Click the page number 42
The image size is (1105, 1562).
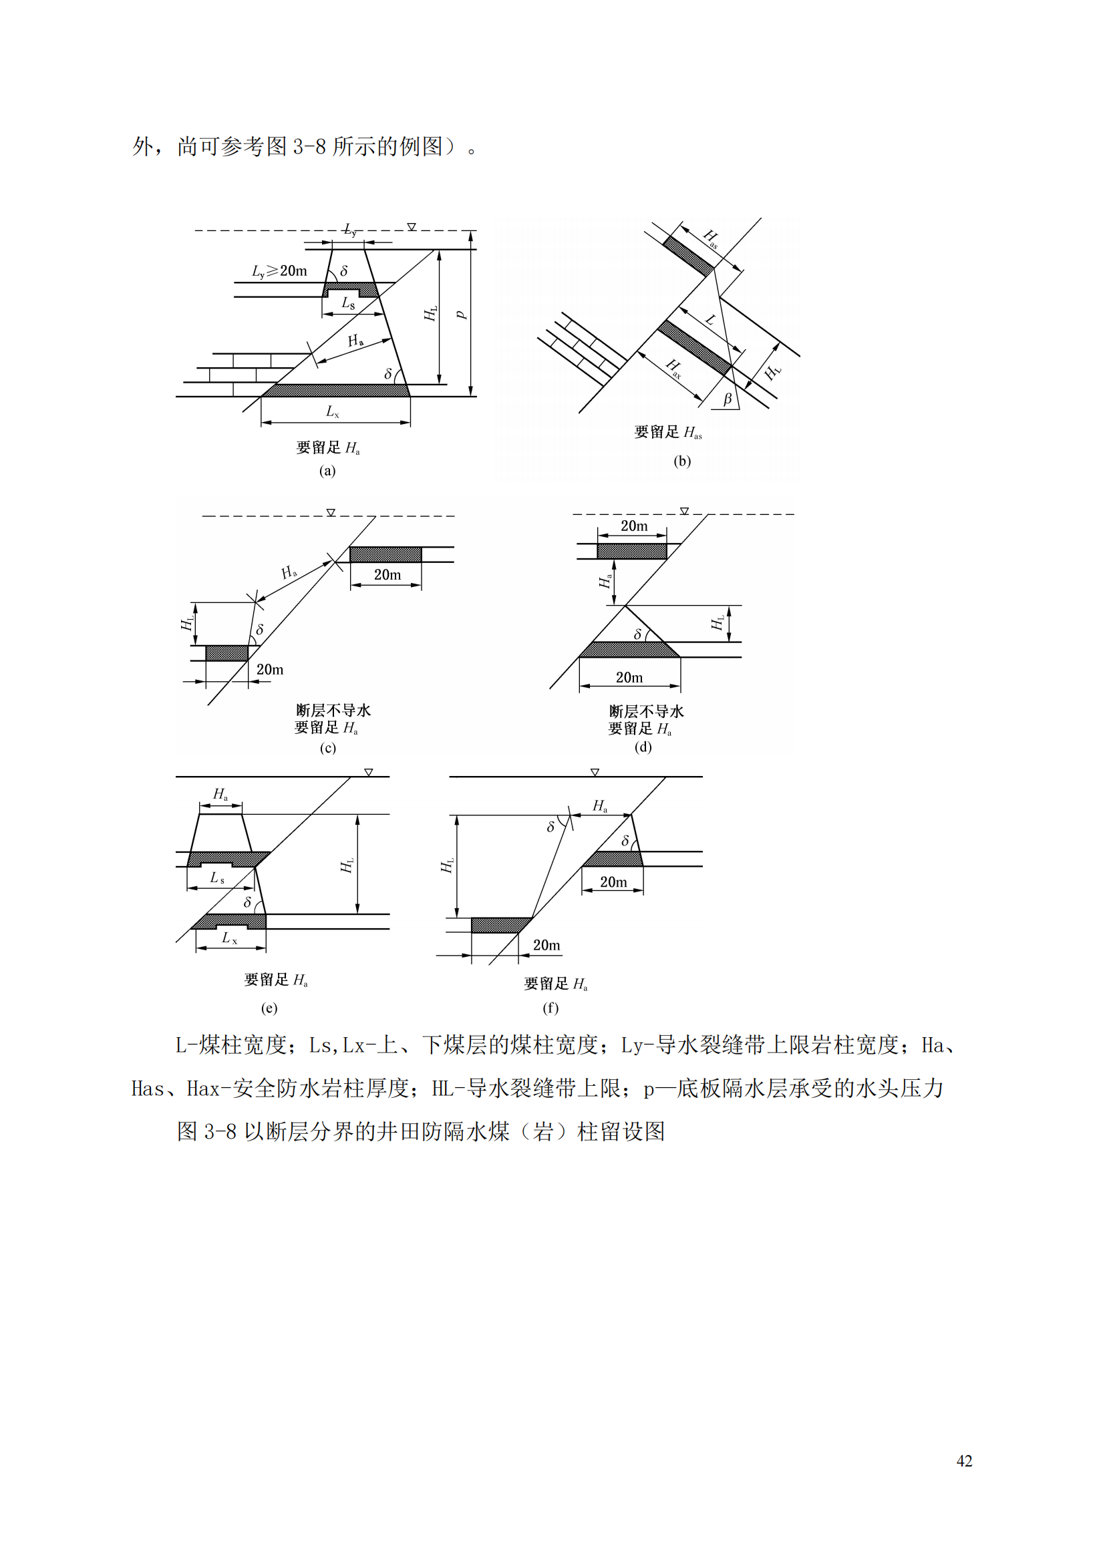click(x=963, y=1460)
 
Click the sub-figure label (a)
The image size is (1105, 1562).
click(x=327, y=471)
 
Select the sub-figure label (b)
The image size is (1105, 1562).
click(x=682, y=461)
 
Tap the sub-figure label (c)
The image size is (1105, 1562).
click(x=327, y=748)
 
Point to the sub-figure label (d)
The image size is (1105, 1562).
click(x=643, y=747)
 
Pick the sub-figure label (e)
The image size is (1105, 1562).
click(x=269, y=1008)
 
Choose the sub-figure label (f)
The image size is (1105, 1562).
click(x=550, y=1008)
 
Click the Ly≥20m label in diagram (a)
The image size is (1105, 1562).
click(x=279, y=270)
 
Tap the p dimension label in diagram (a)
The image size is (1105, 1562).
click(x=461, y=315)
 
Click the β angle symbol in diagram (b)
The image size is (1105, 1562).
click(x=728, y=399)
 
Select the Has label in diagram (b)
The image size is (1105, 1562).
click(x=710, y=238)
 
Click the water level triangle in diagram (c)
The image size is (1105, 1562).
click(x=331, y=512)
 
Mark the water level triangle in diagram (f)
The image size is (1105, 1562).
click(x=595, y=772)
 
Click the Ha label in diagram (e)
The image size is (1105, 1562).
click(x=220, y=794)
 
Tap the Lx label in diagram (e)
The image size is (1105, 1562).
click(x=229, y=938)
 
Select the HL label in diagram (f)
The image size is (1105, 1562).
click(x=447, y=865)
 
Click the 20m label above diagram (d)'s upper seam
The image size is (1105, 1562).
click(x=633, y=526)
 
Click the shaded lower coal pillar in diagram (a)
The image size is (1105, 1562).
click(x=336, y=391)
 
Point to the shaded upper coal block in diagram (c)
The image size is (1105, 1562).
click(x=385, y=554)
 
